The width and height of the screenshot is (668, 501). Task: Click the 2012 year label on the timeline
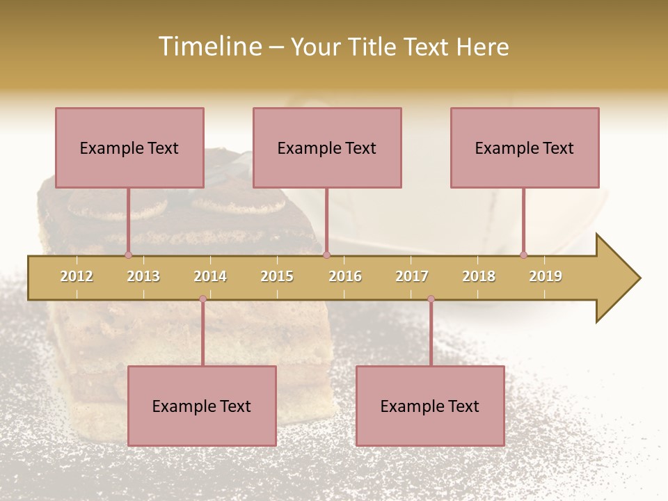(77, 276)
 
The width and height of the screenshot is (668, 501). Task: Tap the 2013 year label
(143, 276)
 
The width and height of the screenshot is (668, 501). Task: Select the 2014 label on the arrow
(210, 276)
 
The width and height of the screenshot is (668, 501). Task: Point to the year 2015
(277, 276)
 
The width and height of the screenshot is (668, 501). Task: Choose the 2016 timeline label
(345, 276)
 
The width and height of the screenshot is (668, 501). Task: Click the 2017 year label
(412, 276)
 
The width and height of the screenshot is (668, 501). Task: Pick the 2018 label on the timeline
(479, 276)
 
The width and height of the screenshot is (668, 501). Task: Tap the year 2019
(546, 276)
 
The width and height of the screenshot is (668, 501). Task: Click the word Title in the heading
(372, 47)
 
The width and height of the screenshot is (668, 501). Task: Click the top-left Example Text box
(129, 148)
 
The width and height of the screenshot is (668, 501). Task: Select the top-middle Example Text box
(327, 148)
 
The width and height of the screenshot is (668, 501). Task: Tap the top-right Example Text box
(525, 148)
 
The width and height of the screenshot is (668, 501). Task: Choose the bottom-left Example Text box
(202, 406)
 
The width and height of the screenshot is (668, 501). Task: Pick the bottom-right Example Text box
(430, 406)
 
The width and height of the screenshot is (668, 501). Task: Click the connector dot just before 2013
(128, 255)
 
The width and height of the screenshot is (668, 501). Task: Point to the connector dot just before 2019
(523, 255)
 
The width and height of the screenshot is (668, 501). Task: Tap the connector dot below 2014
(202, 299)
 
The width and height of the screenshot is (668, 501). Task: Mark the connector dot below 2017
(431, 299)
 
